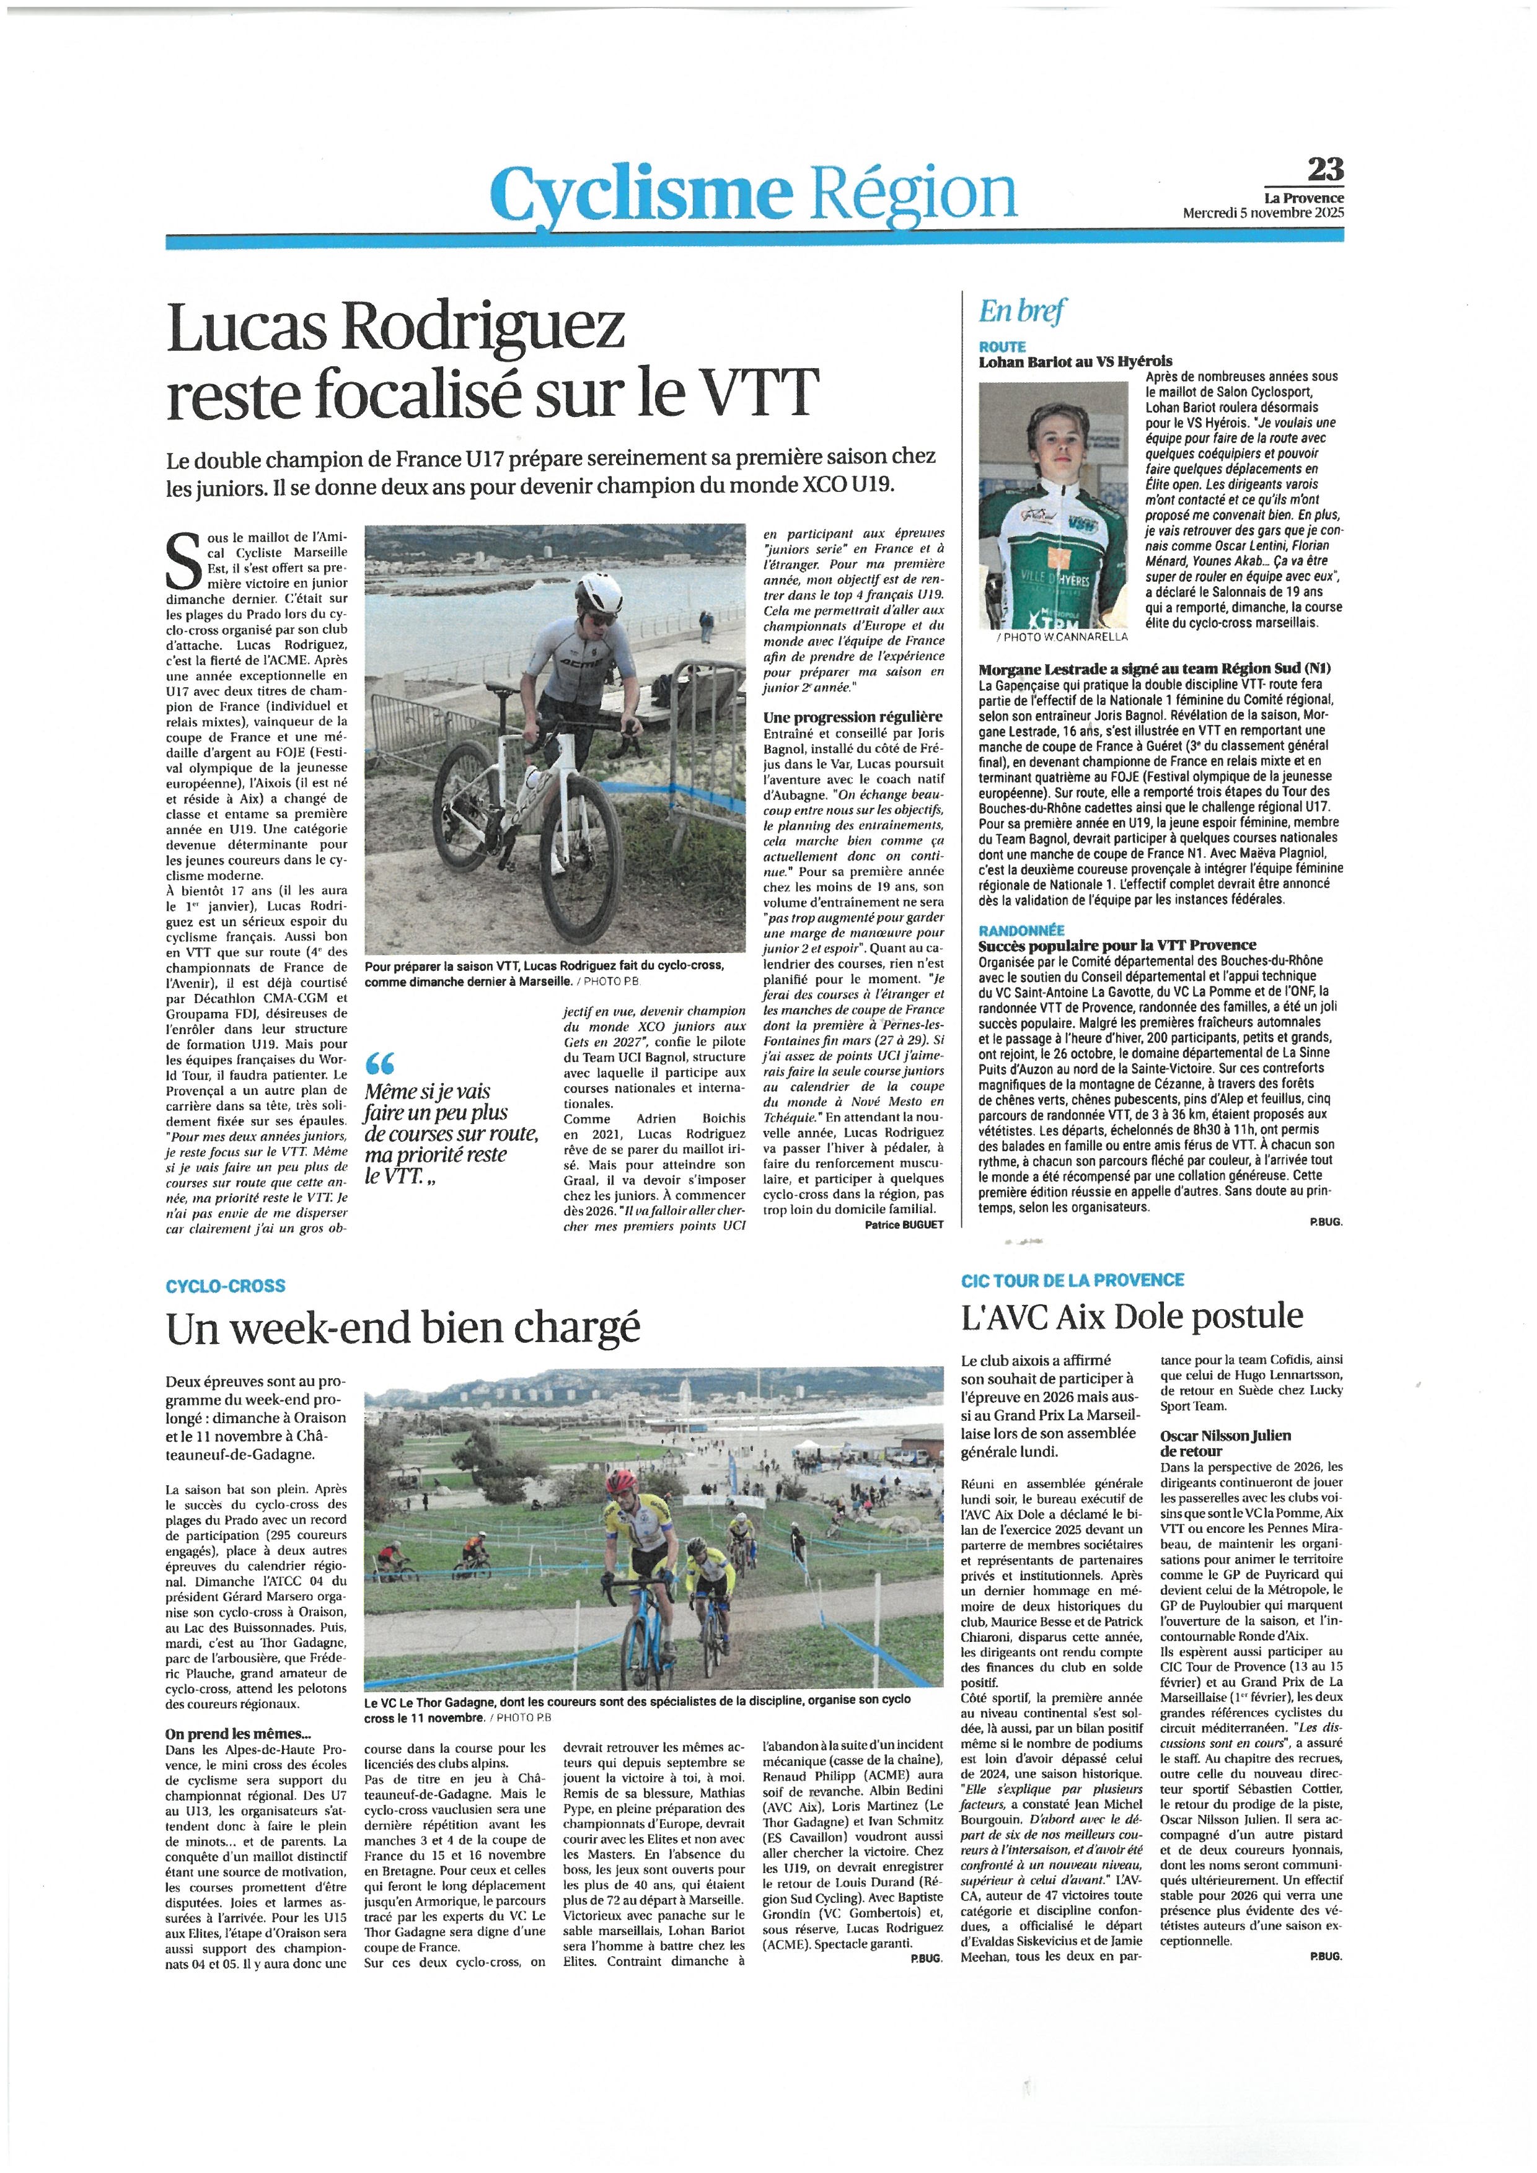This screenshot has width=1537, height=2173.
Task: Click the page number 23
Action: click(x=1323, y=170)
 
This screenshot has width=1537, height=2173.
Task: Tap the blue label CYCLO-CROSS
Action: click(x=225, y=1286)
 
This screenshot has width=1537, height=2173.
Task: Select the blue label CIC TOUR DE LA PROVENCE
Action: click(x=1072, y=1280)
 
